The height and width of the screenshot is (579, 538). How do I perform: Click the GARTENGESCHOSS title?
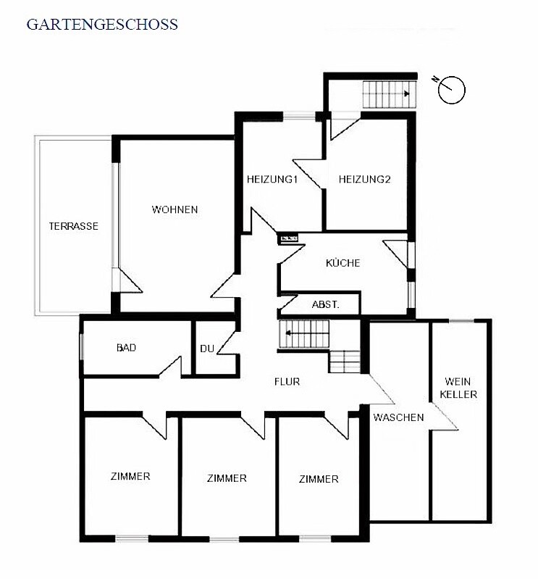(x=102, y=25)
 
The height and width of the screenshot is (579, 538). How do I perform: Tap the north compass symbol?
(x=450, y=89)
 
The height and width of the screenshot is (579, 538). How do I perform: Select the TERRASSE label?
(x=74, y=226)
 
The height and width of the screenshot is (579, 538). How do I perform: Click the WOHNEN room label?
(x=175, y=209)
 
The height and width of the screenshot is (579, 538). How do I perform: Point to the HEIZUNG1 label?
(x=272, y=179)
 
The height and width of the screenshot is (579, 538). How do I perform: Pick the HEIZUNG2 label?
(x=364, y=179)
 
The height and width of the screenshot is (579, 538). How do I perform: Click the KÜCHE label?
(x=342, y=262)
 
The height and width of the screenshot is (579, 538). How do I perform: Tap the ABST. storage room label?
(x=325, y=304)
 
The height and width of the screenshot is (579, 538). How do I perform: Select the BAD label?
(x=126, y=348)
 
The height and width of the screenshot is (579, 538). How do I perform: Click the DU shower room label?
(x=207, y=349)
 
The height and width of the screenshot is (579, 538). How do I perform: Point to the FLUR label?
(x=287, y=381)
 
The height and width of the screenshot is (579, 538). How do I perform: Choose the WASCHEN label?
(x=398, y=417)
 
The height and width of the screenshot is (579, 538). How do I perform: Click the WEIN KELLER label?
(x=458, y=388)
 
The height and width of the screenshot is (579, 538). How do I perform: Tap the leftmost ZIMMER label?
(x=130, y=476)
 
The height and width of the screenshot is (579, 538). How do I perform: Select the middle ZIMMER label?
(x=227, y=478)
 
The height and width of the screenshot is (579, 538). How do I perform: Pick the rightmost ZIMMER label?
(x=319, y=479)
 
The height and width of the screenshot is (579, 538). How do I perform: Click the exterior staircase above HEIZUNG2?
(x=390, y=94)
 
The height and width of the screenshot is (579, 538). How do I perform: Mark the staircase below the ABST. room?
(x=304, y=334)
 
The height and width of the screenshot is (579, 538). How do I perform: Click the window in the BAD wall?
(x=82, y=346)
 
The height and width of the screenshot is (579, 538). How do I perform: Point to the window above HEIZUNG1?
(x=300, y=115)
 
